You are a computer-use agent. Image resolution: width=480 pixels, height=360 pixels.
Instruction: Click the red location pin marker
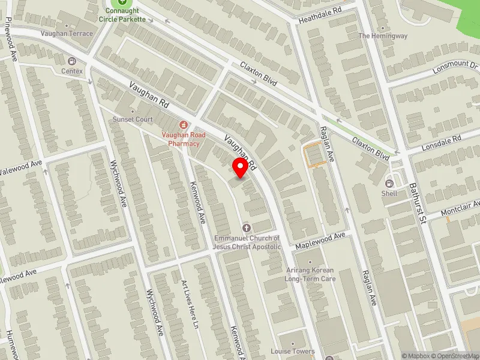tap(241, 167)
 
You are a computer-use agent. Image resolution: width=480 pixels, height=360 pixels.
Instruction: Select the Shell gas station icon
tap(389, 183)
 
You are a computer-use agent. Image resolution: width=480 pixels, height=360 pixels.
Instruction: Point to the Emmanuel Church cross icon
tap(247, 228)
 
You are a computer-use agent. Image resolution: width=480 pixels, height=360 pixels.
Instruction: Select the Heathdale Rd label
tap(320, 16)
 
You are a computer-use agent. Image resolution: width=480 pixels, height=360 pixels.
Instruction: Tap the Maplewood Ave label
tap(320, 240)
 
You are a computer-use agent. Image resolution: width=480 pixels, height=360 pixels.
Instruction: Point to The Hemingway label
tap(383, 36)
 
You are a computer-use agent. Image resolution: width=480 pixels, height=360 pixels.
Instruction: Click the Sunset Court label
tap(133, 119)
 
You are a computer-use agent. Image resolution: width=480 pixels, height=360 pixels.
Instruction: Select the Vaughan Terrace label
tap(67, 34)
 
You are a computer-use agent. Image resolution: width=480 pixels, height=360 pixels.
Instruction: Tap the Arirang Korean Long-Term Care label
tap(310, 274)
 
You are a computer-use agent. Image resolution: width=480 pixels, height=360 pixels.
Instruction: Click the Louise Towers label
tap(292, 351)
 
